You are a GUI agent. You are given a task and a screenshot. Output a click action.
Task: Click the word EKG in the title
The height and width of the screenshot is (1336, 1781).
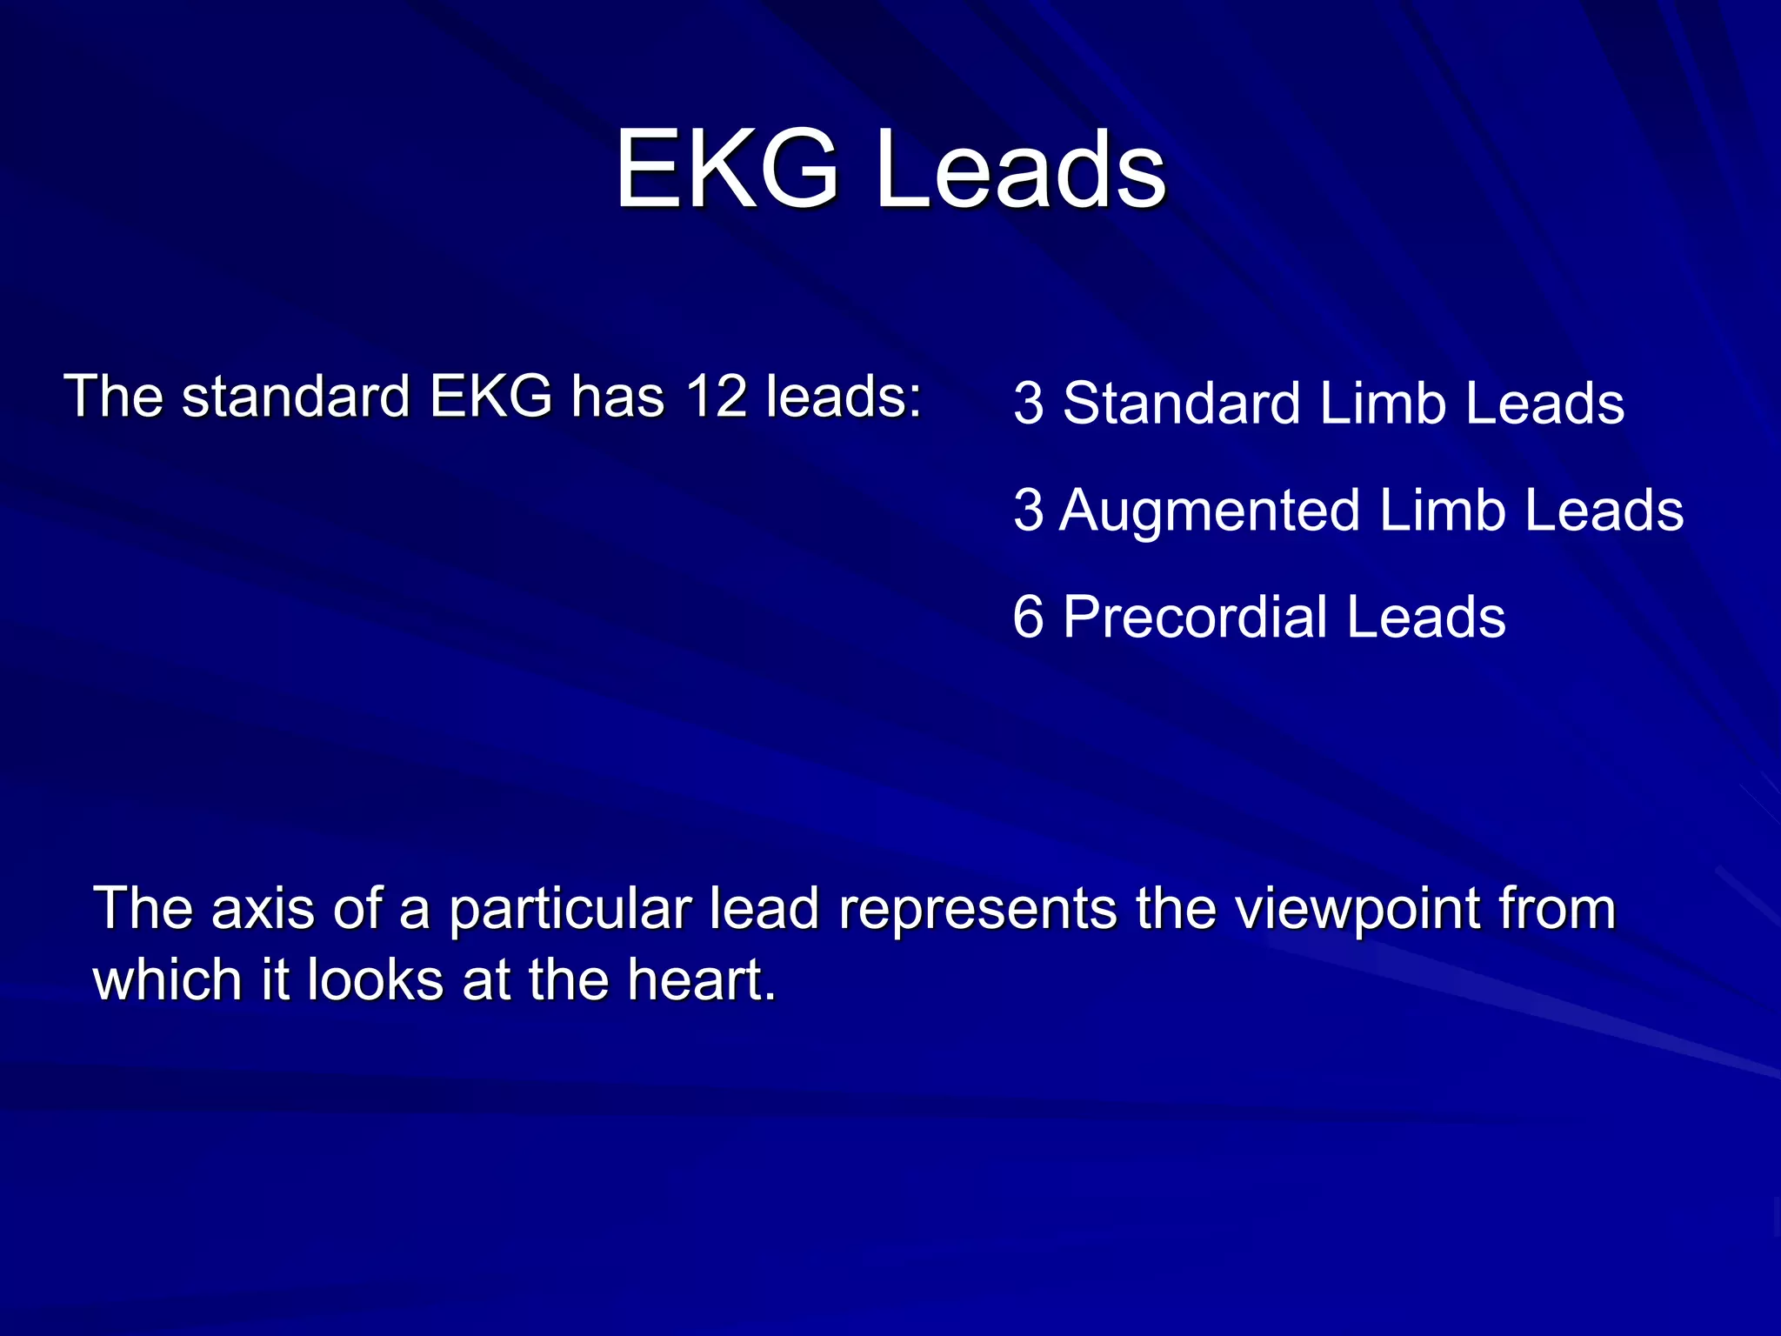point(727,169)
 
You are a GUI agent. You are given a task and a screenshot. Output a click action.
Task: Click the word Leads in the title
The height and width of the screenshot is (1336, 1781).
point(1021,169)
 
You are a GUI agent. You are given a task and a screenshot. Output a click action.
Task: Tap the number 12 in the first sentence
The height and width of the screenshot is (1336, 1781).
point(716,397)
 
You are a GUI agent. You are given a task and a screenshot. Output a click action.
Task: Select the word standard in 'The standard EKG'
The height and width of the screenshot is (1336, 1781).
point(296,397)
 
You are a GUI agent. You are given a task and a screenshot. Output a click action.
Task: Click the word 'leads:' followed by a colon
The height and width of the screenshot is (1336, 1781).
point(843,397)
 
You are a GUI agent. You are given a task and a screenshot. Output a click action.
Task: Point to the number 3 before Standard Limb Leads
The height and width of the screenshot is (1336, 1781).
point(1028,404)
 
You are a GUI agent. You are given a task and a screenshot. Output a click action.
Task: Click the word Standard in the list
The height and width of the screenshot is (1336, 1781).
point(1181,404)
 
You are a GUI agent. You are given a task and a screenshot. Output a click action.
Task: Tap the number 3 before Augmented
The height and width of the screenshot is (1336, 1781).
point(1028,511)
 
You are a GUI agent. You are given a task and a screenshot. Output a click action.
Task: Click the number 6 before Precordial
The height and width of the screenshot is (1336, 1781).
point(1028,618)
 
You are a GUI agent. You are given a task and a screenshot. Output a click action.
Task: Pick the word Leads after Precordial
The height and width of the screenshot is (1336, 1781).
point(1426,618)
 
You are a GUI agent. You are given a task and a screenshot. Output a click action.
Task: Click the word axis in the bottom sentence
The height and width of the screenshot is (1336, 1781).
point(263,909)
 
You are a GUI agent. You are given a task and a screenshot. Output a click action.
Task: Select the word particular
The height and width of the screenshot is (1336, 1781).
point(570,909)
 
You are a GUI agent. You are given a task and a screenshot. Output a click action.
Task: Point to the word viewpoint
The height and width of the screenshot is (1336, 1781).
point(1357,909)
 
